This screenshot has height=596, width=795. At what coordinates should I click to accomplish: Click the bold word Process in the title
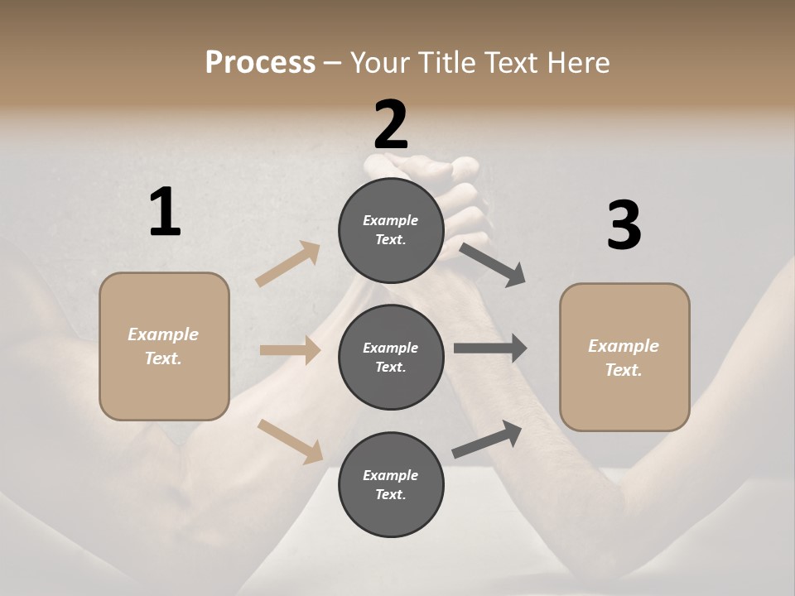coord(260,63)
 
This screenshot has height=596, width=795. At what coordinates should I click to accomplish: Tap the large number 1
coord(165,213)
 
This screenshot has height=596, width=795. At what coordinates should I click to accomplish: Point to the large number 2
coord(391,124)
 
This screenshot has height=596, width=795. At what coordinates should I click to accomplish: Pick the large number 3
coord(624,226)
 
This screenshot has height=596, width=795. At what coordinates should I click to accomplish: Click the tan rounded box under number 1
coord(164,346)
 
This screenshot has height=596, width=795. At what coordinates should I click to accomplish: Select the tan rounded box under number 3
coord(624,357)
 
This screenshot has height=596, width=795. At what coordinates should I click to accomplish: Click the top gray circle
coord(391,229)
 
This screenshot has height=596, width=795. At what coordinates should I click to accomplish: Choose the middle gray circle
coord(391,357)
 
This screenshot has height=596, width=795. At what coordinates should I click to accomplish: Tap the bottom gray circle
coord(391,484)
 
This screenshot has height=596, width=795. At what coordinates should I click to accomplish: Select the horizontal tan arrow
coord(290,350)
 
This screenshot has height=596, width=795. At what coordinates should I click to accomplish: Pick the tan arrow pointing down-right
coord(290,440)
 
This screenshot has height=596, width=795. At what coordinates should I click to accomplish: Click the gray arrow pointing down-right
coord(493,264)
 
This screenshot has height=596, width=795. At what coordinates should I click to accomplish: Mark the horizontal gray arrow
coord(490,348)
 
